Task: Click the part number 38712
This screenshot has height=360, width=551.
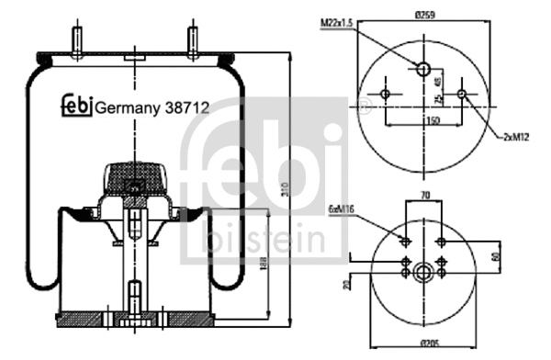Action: point(186,107)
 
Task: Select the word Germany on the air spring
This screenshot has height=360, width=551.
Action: point(128,107)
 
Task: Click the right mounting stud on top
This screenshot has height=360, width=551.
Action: point(194,41)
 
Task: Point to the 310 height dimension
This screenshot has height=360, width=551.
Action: point(288,187)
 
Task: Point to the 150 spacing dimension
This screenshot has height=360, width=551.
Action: point(423,119)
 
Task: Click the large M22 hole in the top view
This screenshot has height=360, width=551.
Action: point(422,70)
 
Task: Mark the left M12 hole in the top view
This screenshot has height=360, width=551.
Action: point(387,96)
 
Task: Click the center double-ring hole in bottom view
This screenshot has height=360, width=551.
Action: point(423,271)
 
